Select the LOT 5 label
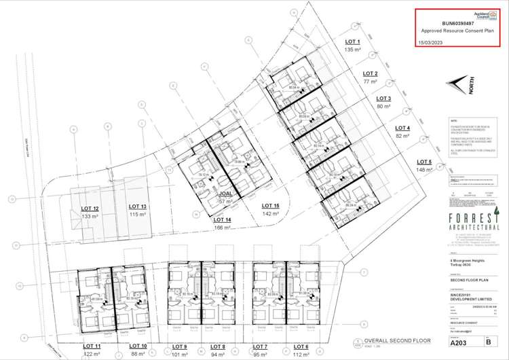[x=426, y=161]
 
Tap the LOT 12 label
[x=90, y=208]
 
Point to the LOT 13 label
[x=138, y=206]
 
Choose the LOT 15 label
[x=270, y=206]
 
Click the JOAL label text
[x=226, y=194]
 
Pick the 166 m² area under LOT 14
[x=223, y=228]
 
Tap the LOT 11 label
[x=91, y=346]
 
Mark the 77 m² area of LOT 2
[x=369, y=81]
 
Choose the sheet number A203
[x=459, y=343]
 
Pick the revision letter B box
[x=487, y=343]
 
